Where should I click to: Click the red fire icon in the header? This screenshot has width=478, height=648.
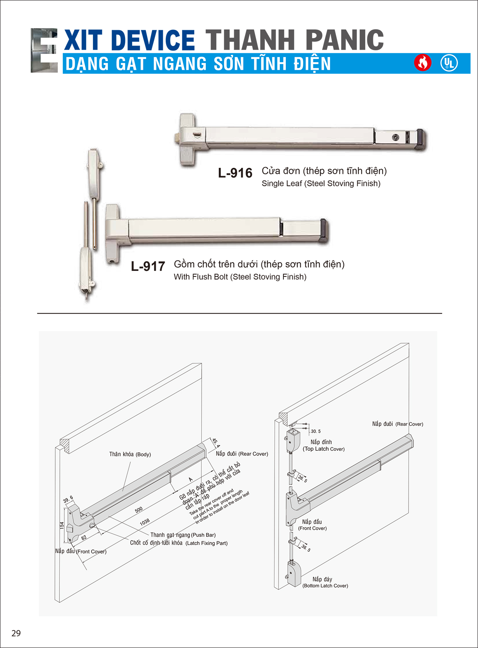[423, 63]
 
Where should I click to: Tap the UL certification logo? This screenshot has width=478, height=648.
[449, 63]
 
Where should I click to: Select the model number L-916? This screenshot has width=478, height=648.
[235, 173]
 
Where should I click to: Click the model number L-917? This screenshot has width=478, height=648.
[148, 266]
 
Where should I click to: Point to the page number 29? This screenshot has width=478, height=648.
[16, 633]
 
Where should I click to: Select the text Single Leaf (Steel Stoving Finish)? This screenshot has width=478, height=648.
[321, 184]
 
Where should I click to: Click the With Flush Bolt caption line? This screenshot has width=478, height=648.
[240, 277]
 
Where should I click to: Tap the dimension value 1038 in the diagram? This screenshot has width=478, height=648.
[145, 522]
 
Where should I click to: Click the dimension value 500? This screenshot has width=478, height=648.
[139, 510]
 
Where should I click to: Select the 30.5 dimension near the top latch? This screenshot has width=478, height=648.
[316, 431]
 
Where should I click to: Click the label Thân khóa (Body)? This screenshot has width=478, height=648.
[130, 454]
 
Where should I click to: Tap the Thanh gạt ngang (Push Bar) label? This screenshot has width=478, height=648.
[183, 535]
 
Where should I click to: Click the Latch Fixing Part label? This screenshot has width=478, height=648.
[207, 543]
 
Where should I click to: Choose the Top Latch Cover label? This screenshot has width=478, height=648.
[323, 449]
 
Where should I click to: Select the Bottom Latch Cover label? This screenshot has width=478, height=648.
[325, 586]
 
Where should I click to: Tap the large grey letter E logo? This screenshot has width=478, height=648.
[44, 50]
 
